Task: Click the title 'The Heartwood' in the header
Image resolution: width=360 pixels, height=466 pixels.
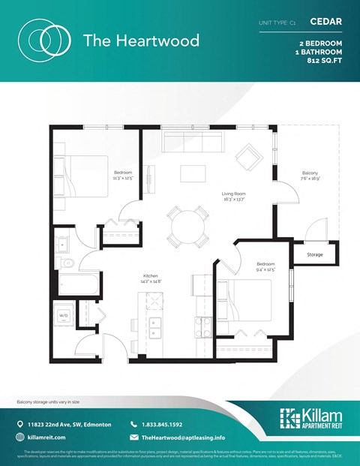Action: point(141,40)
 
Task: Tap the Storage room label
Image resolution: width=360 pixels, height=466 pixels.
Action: point(314,254)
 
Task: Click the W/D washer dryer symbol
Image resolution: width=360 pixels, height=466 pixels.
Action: point(64,315)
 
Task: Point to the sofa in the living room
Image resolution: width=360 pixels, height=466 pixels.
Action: point(187,140)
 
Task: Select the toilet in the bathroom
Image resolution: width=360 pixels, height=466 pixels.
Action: point(67,263)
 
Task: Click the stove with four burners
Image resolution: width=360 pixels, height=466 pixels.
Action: point(203,326)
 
